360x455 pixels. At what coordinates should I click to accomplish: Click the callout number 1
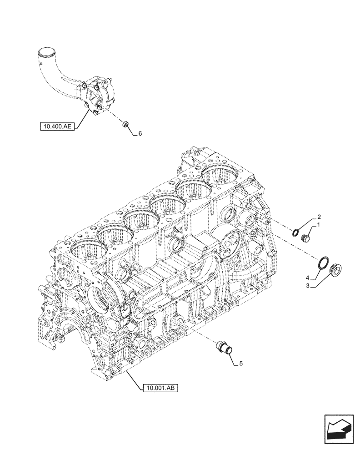coord(319,225)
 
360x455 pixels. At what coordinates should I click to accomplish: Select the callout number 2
coord(319,217)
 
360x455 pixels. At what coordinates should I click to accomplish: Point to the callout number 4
coord(307,278)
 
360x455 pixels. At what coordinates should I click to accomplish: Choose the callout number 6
coord(140,134)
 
